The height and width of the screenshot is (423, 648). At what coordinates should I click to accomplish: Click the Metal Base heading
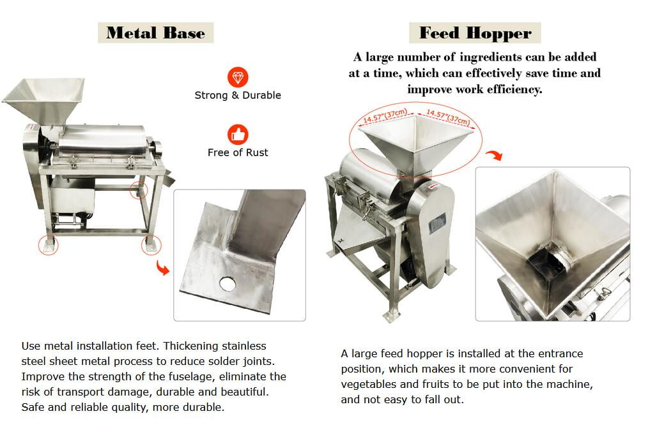pyautogui.click(x=155, y=33)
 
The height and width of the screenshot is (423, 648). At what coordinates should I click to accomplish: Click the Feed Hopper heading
pyautogui.click(x=475, y=33)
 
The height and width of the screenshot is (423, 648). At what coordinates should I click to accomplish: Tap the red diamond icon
pyautogui.click(x=238, y=77)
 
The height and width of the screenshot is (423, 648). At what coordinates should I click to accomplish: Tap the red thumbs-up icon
pyautogui.click(x=238, y=135)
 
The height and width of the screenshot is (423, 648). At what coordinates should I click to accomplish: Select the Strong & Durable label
pyautogui.click(x=238, y=95)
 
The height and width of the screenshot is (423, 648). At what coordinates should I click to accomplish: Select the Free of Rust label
pyautogui.click(x=238, y=152)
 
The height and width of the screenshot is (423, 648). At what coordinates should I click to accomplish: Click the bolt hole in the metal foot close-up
pyautogui.click(x=228, y=283)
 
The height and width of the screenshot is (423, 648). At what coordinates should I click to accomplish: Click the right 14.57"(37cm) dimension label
pyautogui.click(x=448, y=117)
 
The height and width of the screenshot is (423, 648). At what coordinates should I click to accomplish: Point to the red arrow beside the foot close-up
pyautogui.click(x=163, y=267)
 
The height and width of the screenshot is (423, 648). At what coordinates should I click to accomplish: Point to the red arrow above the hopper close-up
pyautogui.click(x=494, y=155)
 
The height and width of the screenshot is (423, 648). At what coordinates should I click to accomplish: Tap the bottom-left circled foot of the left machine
pyautogui.click(x=49, y=245)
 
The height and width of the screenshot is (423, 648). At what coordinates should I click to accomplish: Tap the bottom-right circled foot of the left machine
pyautogui.click(x=151, y=245)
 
